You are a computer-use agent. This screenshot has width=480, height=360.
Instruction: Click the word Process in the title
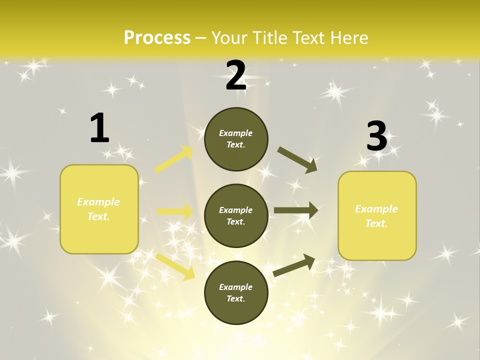157,38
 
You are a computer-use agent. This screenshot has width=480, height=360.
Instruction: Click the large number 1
99,128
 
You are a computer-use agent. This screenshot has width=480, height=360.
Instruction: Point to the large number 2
236,76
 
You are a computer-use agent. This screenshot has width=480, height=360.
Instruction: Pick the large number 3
376,136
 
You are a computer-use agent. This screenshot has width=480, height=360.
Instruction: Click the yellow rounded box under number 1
99,209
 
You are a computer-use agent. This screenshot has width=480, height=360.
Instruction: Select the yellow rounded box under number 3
377,215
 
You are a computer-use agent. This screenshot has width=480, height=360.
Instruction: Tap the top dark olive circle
236,139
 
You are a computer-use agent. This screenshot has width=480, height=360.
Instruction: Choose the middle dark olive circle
236,215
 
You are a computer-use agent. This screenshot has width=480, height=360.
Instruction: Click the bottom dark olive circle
236,292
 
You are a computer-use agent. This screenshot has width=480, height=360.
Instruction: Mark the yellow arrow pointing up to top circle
174,159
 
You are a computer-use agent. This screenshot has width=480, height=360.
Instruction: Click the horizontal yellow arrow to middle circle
175,211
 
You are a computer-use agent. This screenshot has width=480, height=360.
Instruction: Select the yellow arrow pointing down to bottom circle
175,266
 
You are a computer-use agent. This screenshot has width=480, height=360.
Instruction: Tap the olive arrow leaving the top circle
297,159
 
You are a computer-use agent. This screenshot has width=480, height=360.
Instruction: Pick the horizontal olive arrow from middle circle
296,210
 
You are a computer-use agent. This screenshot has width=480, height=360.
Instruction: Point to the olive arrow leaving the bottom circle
294,265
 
